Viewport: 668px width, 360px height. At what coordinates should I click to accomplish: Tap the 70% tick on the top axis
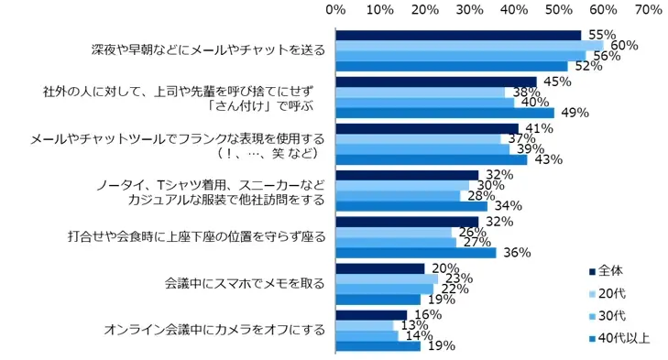pos(648,9)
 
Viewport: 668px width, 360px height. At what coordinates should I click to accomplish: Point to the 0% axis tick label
pos(336,9)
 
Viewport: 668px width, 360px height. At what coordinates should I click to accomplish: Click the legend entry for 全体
pos(608,271)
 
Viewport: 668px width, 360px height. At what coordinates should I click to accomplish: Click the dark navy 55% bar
pos(458,35)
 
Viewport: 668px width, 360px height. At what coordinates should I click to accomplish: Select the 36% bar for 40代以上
pos(416,253)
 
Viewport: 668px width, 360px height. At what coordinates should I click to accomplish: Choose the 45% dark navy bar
pos(436,82)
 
